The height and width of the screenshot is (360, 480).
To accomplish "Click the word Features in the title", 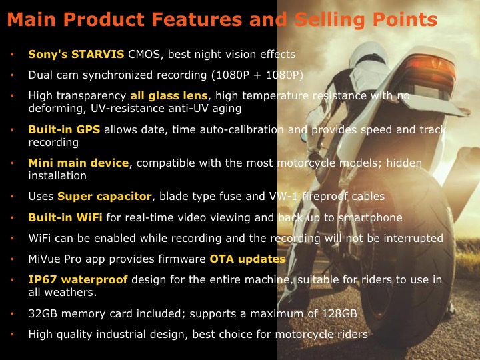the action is [197, 19].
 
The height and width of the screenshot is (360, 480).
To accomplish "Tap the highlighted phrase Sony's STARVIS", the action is [76, 54].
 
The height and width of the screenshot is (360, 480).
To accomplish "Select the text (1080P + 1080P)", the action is [257, 75].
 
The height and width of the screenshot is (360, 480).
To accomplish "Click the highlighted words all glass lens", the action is [169, 96].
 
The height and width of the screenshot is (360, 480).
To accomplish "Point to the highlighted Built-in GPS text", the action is [64, 129].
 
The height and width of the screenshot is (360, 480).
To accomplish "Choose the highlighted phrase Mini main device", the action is [79, 163].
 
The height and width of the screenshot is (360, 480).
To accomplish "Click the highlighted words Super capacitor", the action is [105, 196].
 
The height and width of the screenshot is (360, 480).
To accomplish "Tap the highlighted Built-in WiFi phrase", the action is [65, 217].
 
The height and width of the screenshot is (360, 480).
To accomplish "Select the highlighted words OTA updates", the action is [247, 259].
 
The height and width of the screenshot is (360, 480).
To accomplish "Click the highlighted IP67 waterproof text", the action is [78, 280].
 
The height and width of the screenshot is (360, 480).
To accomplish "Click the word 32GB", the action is [43, 313].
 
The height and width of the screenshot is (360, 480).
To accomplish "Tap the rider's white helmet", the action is [368, 55].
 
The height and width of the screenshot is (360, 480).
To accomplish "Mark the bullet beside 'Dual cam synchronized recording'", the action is [12, 75].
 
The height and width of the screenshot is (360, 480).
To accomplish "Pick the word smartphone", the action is [370, 217].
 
